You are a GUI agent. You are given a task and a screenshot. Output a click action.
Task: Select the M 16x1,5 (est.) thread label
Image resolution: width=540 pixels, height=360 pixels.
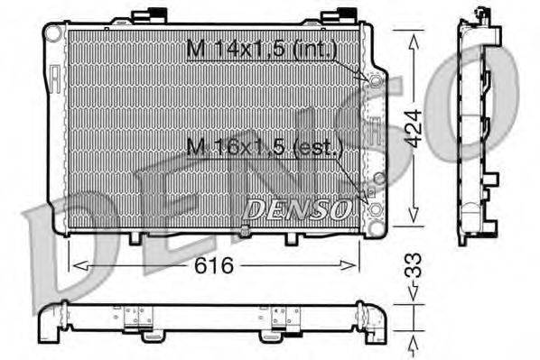click(262, 146)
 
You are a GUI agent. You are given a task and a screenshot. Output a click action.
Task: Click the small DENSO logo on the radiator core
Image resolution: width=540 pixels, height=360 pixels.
click(297, 210)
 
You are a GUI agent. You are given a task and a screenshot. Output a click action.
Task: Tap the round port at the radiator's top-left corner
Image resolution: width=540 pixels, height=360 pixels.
click(53, 32)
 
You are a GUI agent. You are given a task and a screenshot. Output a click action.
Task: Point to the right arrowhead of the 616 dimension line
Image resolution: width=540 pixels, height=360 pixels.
click(356, 265)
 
